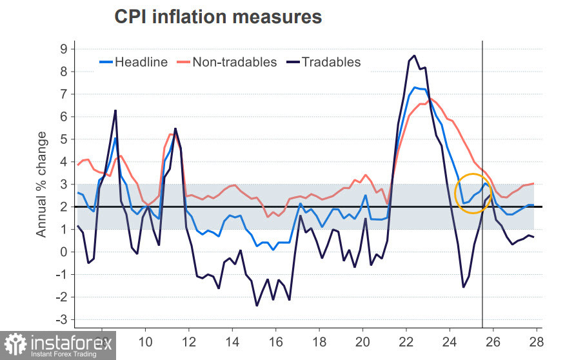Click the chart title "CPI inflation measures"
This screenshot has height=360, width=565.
click(218, 17)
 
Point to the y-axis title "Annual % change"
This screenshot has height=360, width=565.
click(42, 184)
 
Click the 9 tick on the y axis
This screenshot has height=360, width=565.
click(64, 49)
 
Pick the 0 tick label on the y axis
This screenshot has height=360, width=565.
click(64, 252)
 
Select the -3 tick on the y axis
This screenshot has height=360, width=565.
click(61, 320)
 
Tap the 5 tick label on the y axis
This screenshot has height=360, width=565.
click(64, 139)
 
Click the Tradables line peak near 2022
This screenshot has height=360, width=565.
click(413, 56)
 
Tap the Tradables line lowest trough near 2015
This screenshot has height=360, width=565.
click(257, 305)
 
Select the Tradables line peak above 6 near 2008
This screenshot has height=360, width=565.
click(115, 110)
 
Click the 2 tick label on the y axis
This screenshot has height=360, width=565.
click(64, 207)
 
